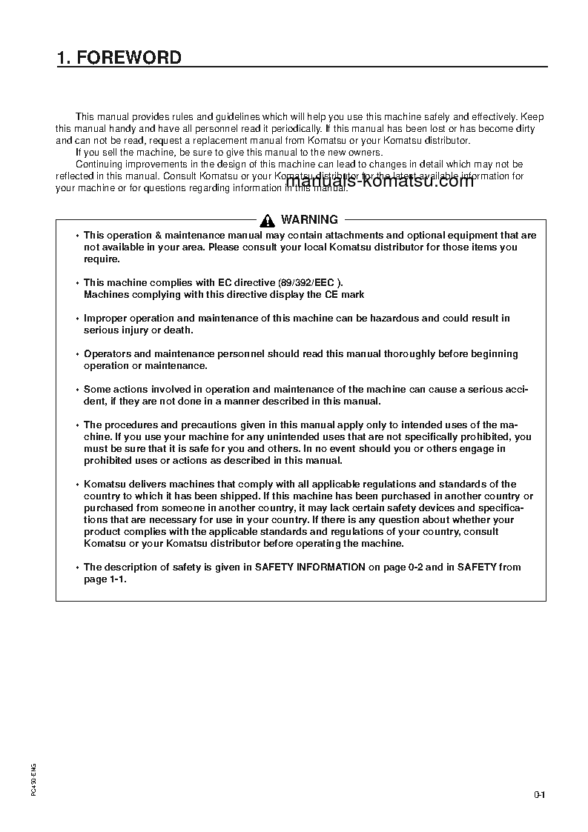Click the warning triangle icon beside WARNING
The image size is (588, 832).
[268, 220]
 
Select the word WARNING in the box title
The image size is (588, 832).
[309, 220]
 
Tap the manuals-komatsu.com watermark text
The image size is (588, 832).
[379, 182]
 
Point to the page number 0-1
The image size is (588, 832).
[539, 796]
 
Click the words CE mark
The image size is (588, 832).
[345, 295]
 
